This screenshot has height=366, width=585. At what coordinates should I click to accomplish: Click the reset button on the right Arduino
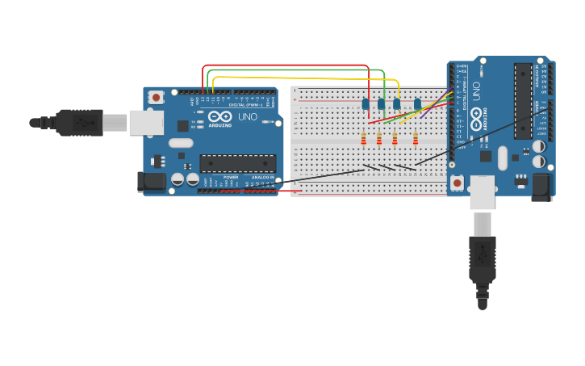coord(458,183)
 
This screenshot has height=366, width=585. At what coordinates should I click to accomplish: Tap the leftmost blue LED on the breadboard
coord(366,103)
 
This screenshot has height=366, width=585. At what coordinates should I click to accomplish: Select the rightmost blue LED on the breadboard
coord(417,103)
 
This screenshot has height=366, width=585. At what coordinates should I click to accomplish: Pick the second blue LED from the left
coord(381,103)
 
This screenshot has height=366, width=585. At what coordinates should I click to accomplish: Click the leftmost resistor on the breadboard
coord(363,140)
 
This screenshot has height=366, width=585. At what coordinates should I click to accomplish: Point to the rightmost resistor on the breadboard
coord(416,140)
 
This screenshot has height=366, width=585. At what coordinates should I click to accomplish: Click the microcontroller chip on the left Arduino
coord(237,163)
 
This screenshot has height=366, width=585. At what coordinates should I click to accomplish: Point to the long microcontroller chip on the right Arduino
coord(523,100)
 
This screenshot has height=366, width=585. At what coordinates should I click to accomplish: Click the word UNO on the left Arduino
coord(248,117)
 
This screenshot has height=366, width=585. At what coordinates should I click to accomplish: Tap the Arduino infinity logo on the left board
coord(220,116)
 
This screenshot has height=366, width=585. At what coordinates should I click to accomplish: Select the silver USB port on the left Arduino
coord(146,123)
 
